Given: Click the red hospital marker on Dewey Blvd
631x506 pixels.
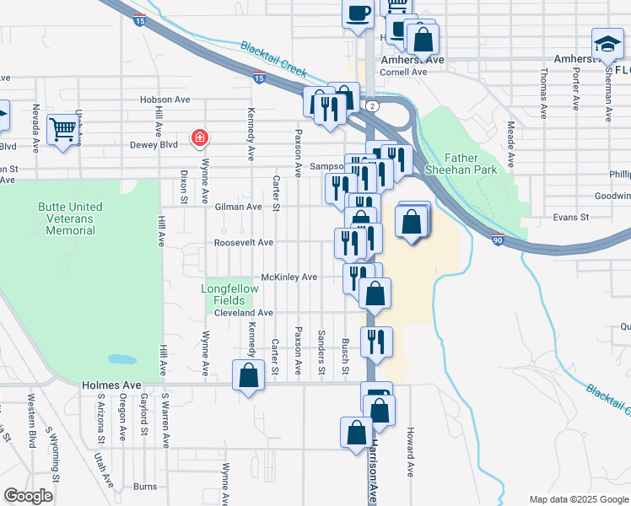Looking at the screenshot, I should (x=199, y=137).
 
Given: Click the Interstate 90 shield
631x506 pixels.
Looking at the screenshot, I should (x=498, y=240).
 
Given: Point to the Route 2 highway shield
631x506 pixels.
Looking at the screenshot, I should (x=371, y=105).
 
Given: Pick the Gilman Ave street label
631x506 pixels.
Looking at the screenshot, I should (x=238, y=207).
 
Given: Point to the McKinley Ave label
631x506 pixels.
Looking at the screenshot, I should (x=289, y=277).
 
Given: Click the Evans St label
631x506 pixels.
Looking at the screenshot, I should (x=571, y=217).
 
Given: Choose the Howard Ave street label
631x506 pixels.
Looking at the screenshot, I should (x=411, y=456).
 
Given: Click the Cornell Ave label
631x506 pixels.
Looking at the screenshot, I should (x=403, y=73).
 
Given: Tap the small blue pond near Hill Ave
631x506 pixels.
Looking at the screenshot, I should (x=122, y=359).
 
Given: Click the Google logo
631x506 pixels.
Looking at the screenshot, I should (x=28, y=495).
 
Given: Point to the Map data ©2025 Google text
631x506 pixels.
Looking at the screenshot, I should (x=579, y=499).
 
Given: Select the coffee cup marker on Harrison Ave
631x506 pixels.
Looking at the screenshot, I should (x=358, y=14).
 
